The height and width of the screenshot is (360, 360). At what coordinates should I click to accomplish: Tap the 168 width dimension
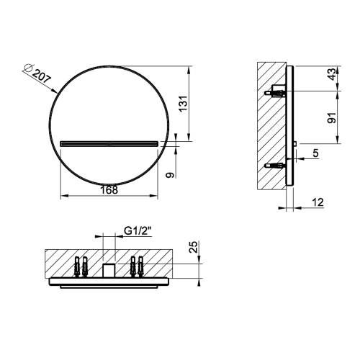(109, 190)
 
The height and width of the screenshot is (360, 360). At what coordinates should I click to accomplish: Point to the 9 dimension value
(168, 174)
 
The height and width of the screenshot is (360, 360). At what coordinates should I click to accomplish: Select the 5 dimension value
(316, 153)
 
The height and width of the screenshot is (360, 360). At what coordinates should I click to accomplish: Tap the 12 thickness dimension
(316, 204)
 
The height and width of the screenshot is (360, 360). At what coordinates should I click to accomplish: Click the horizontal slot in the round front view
(109, 143)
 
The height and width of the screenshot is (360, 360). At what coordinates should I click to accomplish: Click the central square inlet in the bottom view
(109, 270)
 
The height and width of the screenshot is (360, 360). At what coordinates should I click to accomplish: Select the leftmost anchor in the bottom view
(77, 266)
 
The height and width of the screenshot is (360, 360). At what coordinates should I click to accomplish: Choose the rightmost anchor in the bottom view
(141, 266)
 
